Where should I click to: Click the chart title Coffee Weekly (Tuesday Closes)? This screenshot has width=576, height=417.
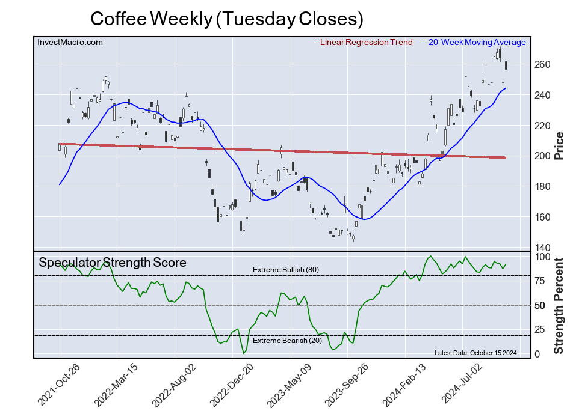227,19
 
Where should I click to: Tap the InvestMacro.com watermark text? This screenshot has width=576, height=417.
70,43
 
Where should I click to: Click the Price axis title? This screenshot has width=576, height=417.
559,145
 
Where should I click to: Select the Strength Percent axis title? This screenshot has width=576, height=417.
559,305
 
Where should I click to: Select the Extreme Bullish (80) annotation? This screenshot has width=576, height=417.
286,269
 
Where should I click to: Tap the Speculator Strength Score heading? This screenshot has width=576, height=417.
113,263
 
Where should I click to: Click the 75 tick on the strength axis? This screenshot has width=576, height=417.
540,281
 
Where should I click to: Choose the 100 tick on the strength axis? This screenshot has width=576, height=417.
542,257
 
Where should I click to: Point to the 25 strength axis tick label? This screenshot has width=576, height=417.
540,330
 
